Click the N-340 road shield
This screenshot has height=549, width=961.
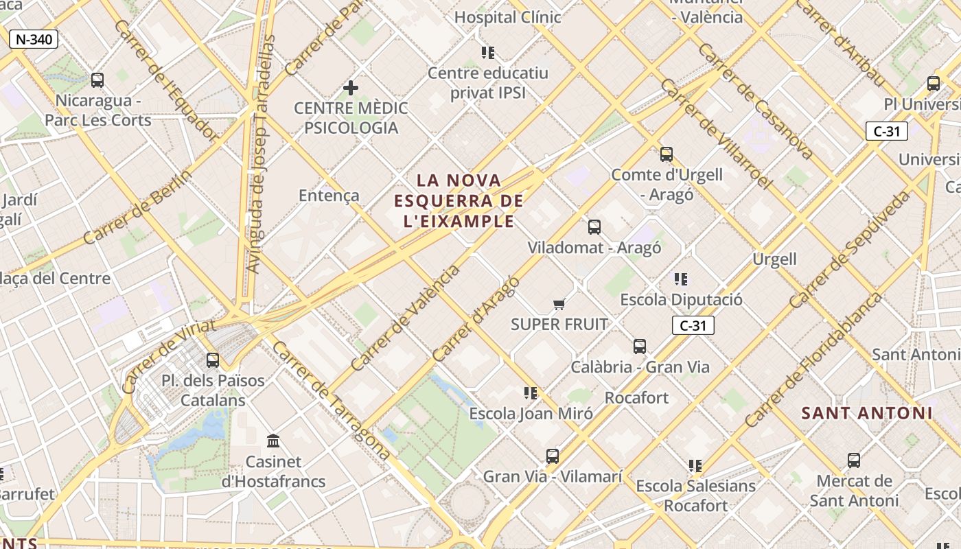pos(33,39)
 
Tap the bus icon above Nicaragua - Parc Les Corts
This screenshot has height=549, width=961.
pos(97,80)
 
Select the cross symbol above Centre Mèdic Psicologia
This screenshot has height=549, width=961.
pos(351,88)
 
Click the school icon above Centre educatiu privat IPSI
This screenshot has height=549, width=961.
pos(488,53)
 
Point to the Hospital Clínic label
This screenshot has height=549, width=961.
pos(507,17)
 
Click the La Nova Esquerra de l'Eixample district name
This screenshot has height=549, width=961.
pos(459,200)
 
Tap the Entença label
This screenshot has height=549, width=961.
pos(329,196)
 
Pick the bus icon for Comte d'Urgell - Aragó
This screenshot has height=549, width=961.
pos(666,154)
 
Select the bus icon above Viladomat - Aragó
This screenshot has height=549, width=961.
pos(594,227)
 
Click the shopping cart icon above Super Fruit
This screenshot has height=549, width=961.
pos(559,304)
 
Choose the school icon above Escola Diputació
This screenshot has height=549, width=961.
pos(681,279)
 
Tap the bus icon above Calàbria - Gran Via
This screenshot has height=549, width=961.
pos(640,347)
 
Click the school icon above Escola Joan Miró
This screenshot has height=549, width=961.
pos(531,393)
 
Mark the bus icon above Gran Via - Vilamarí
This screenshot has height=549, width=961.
pos(553,456)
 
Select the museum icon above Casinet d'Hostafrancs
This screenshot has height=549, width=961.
pos(273,441)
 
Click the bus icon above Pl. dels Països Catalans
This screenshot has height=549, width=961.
pos(213,360)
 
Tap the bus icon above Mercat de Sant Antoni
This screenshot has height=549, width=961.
pos(854,460)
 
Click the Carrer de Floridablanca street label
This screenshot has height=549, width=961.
pos(813,360)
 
